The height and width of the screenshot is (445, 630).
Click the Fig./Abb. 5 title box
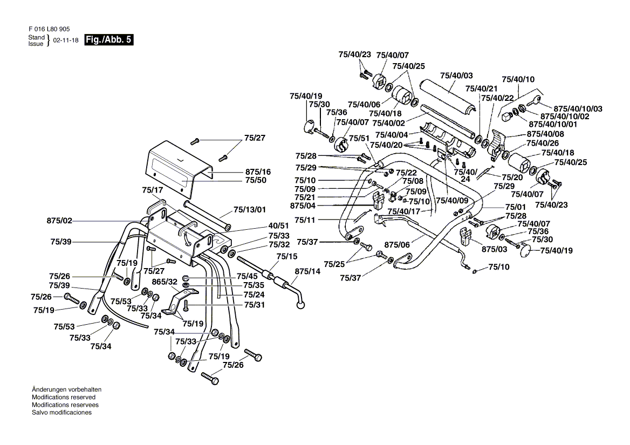click(x=108, y=40)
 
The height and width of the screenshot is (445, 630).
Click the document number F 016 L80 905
click(x=50, y=29)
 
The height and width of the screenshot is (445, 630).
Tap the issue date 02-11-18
click(x=66, y=40)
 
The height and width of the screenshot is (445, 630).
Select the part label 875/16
click(x=258, y=172)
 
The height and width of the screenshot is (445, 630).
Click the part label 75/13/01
click(x=250, y=210)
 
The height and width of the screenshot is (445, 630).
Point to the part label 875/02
click(x=59, y=221)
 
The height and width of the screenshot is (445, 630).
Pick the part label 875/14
click(x=308, y=271)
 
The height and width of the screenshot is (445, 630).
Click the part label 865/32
click(x=165, y=282)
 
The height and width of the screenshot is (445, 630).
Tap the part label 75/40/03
click(x=456, y=76)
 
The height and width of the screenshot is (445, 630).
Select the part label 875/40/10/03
click(x=578, y=109)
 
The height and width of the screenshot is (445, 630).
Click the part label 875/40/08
click(x=546, y=134)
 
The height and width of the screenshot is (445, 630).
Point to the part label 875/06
click(x=397, y=245)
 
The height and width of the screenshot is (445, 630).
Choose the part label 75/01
click(x=516, y=207)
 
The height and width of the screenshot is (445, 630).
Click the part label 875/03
click(x=495, y=249)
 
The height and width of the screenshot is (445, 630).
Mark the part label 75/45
click(x=247, y=276)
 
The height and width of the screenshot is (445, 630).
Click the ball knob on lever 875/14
click(x=300, y=306)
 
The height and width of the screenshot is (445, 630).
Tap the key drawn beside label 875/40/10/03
click(x=534, y=100)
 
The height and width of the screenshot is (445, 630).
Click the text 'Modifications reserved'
click(x=64, y=397)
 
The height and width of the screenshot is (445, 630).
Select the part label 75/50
click(x=256, y=180)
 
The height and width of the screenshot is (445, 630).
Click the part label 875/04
click(x=303, y=206)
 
